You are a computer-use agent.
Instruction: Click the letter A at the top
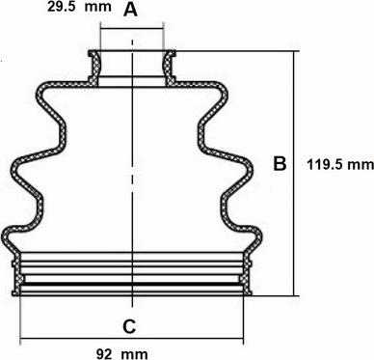point(130,10)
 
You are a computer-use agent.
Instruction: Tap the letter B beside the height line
point(280,163)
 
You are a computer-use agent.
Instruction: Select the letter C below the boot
point(129,327)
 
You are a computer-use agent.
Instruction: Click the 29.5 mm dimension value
point(79,7)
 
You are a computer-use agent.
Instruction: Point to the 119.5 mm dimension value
point(340,165)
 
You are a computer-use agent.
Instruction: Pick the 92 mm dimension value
point(122,354)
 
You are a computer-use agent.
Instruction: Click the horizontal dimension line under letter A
point(132,29)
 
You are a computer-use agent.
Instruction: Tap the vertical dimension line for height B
point(294,174)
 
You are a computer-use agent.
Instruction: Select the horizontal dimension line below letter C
point(132,339)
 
